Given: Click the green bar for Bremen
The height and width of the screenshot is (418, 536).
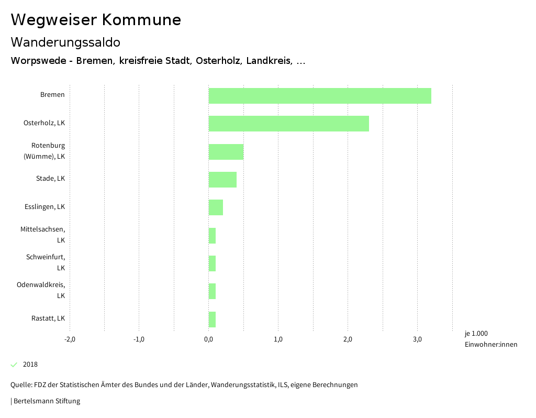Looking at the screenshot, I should (x=320, y=96).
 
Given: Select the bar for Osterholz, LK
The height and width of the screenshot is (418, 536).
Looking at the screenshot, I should (x=289, y=124).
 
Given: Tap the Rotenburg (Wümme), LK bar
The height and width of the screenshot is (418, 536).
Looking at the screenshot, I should (x=226, y=152).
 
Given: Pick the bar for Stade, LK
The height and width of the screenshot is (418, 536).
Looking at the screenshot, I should (x=222, y=180).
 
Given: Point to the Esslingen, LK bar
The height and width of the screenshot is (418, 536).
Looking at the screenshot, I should (x=216, y=207).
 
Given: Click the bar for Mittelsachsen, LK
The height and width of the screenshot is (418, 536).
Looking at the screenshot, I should (x=212, y=236).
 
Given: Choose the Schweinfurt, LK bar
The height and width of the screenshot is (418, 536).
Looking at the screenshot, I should (x=212, y=263).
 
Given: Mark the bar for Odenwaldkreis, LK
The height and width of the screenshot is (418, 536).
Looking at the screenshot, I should (x=212, y=291).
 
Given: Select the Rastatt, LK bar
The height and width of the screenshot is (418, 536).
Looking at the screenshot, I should (x=212, y=320).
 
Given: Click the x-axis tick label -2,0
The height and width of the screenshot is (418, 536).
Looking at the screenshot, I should (x=70, y=339).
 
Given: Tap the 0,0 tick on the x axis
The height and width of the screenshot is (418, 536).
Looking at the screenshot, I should (x=208, y=339).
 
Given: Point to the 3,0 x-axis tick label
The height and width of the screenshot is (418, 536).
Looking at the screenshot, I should (x=417, y=339).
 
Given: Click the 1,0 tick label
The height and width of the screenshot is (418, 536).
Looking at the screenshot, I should (x=278, y=339).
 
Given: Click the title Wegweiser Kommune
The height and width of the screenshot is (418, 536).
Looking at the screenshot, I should (x=96, y=20).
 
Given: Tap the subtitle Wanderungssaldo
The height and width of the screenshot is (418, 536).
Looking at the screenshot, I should (x=65, y=42).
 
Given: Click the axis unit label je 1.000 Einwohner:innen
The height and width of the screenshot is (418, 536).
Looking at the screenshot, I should (x=490, y=339).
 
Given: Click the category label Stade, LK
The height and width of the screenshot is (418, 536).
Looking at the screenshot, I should (x=50, y=179).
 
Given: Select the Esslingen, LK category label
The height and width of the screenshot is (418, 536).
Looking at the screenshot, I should (x=44, y=207).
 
